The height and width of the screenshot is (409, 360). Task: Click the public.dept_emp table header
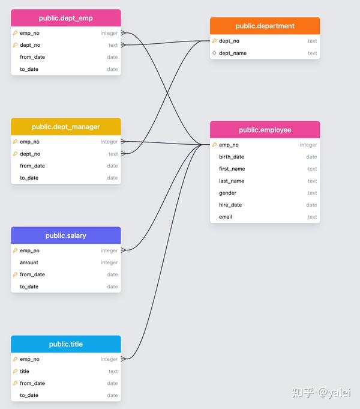coord(66,19)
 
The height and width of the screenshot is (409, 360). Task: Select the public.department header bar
coord(265,26)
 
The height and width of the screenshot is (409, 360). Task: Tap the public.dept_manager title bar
coord(66,127)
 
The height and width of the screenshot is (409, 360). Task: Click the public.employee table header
coord(265,130)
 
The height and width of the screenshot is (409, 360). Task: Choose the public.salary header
coord(66,235)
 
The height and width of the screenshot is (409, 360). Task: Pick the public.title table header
coord(66,344)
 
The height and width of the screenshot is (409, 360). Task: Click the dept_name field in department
coord(233,53)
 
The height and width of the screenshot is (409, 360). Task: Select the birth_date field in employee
coord(232,157)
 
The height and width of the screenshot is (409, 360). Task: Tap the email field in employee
coord(226,217)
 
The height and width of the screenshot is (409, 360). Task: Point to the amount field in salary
coord(29,262)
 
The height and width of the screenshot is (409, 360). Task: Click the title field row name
coord(25,371)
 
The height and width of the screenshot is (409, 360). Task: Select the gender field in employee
coord(227,193)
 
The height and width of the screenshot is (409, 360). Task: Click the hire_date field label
coord(230,205)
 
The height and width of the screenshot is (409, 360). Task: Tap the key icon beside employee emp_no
coord(214,145)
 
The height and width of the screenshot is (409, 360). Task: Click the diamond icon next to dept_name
coord(214,53)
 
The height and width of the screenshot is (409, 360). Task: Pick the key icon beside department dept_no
coord(214,41)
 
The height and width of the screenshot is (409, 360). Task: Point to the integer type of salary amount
coord(109,262)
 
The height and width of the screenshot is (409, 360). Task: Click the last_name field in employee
coord(232,181)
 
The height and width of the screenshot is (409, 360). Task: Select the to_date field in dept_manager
coord(29,178)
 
